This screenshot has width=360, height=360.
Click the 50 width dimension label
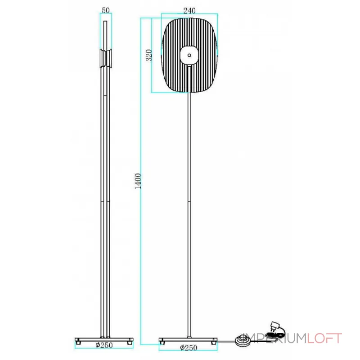click(x=105, y=10)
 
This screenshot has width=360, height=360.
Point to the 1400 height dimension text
click(x=138, y=181)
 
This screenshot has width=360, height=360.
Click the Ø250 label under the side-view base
click(x=104, y=346)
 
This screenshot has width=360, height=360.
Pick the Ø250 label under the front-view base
click(x=188, y=348)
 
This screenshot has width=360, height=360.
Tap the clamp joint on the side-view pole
click(x=106, y=58)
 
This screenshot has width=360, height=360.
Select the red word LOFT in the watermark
click(x=324, y=338)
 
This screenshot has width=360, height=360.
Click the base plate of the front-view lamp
click(x=188, y=339)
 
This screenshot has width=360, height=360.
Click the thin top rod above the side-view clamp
click(x=106, y=34)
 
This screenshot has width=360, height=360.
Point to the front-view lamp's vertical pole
click(x=190, y=202)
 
